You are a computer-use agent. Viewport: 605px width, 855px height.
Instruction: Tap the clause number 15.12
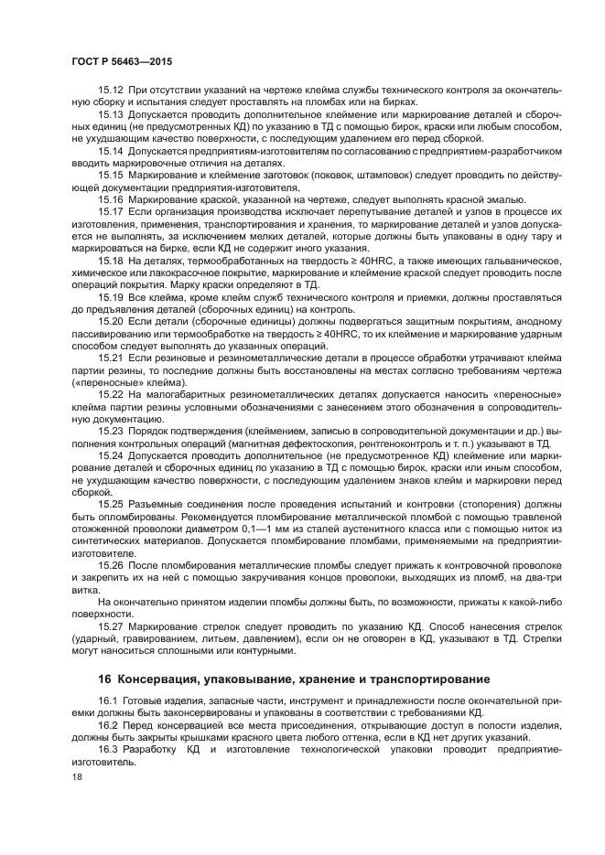110,89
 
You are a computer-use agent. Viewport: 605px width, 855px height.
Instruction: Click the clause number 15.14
110,149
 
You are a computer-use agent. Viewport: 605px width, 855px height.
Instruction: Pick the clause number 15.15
110,173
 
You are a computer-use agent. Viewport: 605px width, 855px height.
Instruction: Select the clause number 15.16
110,198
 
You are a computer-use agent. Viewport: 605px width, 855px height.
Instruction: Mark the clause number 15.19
110,296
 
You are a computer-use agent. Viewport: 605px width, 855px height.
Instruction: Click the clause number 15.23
110,429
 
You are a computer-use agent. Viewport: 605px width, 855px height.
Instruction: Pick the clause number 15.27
110,625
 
